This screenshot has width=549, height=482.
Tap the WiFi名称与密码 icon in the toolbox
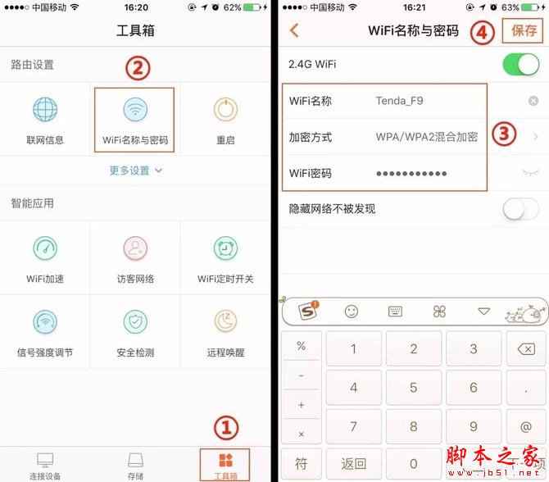click(135, 111)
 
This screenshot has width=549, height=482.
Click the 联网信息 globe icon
click(45, 111)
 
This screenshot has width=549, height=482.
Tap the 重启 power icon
click(225, 111)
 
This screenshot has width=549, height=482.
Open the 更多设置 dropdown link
click(135, 171)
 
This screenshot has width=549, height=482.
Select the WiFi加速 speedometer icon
click(45, 248)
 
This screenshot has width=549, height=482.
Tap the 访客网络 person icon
click(135, 248)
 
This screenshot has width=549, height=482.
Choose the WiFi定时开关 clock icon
click(225, 248)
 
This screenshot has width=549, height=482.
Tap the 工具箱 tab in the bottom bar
click(225, 464)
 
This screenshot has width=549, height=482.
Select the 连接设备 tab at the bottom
click(45, 464)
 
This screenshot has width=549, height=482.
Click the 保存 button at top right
click(524, 31)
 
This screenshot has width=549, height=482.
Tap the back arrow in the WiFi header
click(294, 31)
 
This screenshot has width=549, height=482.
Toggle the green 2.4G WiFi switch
click(521, 64)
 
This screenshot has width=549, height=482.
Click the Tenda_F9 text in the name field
click(400, 101)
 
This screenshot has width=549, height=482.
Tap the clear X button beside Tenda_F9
click(533, 101)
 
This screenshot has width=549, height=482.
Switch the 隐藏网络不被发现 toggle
click(521, 209)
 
